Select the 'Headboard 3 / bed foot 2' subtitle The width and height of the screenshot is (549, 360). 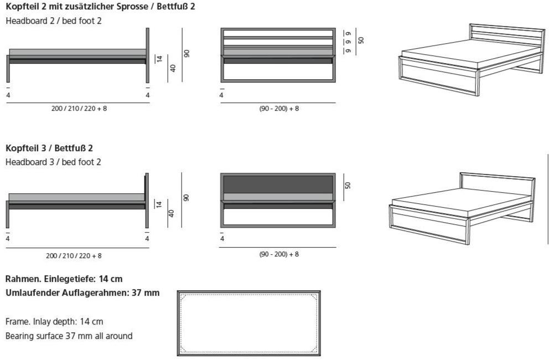point(53,162)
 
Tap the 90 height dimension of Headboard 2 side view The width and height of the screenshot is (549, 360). point(187,54)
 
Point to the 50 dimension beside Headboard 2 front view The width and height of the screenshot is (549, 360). point(361,40)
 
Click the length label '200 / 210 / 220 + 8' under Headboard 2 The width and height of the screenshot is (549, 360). point(79,109)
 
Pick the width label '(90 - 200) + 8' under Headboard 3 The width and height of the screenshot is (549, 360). point(279,254)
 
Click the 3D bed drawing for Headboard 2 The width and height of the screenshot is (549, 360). point(472,60)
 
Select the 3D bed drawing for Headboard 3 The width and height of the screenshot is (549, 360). point(462,208)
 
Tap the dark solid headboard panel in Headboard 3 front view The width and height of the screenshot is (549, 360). point(278,184)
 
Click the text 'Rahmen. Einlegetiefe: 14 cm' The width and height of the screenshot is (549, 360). point(64,279)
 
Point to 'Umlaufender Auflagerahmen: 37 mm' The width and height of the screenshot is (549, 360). point(82,293)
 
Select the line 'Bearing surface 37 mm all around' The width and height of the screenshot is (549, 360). point(69,336)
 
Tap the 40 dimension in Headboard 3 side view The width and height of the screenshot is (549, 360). point(172,213)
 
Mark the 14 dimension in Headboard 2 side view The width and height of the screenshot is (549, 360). point(159,59)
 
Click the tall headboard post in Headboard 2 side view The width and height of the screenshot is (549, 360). point(147,55)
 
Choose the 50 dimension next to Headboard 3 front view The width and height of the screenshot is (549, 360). point(348,186)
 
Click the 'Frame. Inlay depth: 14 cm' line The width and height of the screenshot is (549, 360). point(54,322)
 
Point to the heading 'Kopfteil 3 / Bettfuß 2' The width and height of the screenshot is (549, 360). point(49,148)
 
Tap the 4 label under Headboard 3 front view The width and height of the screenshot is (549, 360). point(222,239)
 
